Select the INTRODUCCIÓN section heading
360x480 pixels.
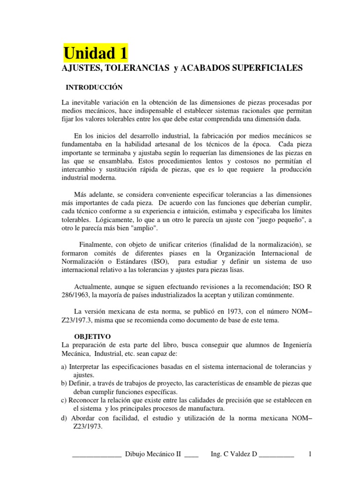point(94,87)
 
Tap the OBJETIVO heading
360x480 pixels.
point(93,337)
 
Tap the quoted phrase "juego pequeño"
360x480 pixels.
point(278,219)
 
